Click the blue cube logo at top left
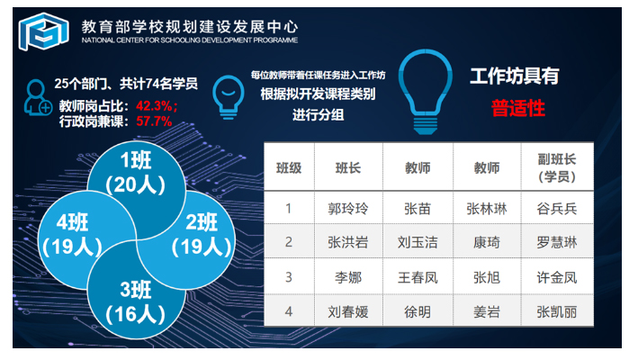point(43,31)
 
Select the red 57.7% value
point(154,121)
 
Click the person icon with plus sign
point(37,97)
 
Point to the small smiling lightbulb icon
point(229,97)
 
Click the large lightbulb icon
point(426,92)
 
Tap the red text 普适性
point(518,109)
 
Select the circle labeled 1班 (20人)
point(136,179)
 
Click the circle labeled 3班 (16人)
point(136,301)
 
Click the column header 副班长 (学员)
point(557,167)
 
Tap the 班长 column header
point(348,167)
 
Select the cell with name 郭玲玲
point(348,208)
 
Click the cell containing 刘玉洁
point(418,242)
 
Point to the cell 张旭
point(487,277)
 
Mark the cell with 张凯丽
point(557,311)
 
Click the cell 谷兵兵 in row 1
point(557,208)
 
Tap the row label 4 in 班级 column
point(289,311)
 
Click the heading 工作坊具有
point(515,76)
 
